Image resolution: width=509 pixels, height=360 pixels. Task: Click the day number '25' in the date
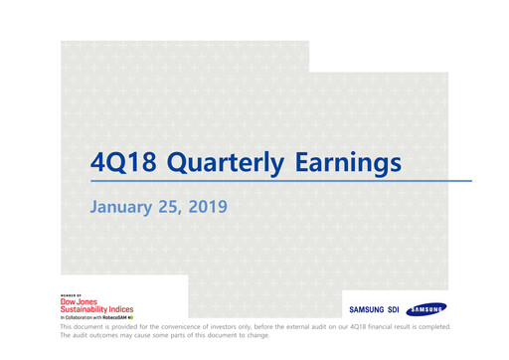click(x=173, y=207)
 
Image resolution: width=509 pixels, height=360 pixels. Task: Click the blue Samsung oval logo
click(x=425, y=309)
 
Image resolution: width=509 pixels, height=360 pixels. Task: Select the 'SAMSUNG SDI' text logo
click(x=373, y=309)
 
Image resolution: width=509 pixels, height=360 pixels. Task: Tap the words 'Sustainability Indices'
click(x=96, y=309)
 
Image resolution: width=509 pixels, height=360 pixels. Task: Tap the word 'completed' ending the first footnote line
click(x=431, y=326)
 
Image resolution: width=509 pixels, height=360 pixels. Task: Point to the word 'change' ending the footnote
click(x=254, y=335)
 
